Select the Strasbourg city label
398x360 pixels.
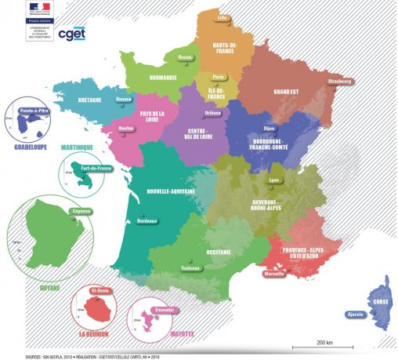pos(341,81)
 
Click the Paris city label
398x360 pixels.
pos(218,77)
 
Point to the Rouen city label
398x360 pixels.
pos(185,57)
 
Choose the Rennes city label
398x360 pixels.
pos(123,100)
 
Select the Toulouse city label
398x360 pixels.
pos(190,267)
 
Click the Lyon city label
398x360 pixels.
pos(273,180)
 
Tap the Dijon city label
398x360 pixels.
pos(270,126)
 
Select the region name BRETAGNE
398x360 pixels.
pos(89,100)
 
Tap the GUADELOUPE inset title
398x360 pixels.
pos(26,146)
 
